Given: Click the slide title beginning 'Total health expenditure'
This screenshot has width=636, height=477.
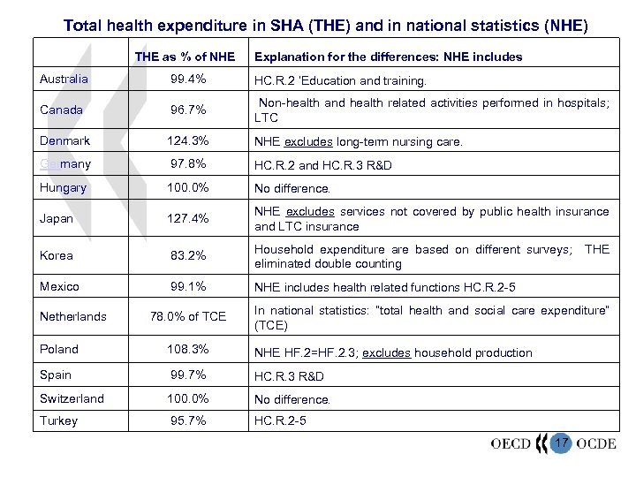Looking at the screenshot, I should click(x=325, y=25).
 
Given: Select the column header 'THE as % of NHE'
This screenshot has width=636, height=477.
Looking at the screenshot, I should click(x=185, y=57).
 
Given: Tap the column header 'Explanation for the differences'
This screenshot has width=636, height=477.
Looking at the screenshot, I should click(x=388, y=57).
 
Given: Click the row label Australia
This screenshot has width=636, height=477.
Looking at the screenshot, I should click(x=64, y=79).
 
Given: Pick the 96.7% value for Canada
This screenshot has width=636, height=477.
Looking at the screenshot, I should click(x=187, y=110).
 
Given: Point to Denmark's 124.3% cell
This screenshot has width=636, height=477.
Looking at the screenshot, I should click(x=187, y=141).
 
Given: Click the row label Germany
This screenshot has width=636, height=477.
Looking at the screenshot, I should click(x=64, y=164).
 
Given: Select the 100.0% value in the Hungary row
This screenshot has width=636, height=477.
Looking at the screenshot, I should click(x=187, y=187).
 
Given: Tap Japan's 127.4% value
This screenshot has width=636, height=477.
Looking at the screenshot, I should click(x=187, y=219).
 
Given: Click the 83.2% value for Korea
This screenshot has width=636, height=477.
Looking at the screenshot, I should click(x=187, y=256).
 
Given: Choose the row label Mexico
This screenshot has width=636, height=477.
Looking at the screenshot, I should click(x=59, y=286).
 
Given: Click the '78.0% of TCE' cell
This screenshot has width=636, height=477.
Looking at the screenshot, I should click(x=188, y=316).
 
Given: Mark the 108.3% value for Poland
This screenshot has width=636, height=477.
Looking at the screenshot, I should click(x=187, y=349).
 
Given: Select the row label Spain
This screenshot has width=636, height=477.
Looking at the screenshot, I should click(x=55, y=375).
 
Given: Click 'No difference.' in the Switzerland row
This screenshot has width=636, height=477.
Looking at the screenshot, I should click(x=292, y=399).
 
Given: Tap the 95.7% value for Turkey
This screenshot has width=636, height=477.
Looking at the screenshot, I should click(x=187, y=421).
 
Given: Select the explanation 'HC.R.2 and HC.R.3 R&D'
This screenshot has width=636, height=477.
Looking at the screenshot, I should click(x=322, y=165).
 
